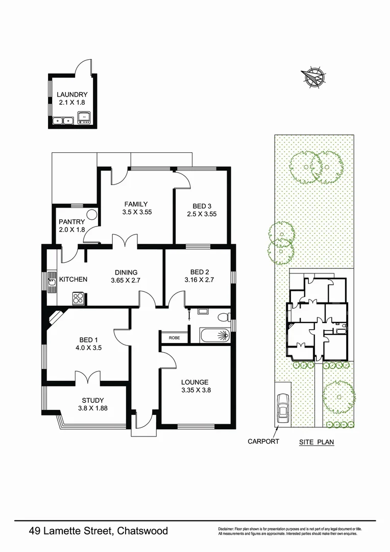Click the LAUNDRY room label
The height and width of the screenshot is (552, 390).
pos(72,95)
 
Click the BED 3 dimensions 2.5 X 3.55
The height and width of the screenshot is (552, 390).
pos(201,214)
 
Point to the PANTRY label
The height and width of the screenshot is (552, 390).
pos(71,222)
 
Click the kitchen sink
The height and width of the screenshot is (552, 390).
pos(52,280)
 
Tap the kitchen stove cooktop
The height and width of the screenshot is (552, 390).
pos(78,298)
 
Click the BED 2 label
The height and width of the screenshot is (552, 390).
pos(198,271)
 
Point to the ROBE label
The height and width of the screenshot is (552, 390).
pos(174,337)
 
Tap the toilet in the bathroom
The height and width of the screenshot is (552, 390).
pos(223,317)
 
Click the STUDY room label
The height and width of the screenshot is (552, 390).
pos(93,400)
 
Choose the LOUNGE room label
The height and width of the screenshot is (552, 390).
pos(195,382)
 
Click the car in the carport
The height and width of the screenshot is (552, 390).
pos(282,407)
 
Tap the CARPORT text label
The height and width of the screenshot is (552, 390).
pos(263,441)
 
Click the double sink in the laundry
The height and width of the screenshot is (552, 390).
pos(63,121)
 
